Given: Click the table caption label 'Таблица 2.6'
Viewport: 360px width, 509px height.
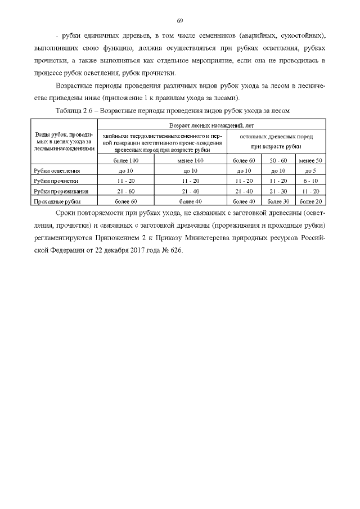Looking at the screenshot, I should coord(75,111).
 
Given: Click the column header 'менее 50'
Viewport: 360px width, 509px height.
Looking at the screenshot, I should coord(310,160).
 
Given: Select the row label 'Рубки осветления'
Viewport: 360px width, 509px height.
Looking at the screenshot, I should coord(57,170).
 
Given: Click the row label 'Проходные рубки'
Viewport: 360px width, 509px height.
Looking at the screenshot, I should coord(57,201).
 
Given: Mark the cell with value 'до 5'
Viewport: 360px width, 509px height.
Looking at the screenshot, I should coord(310,170).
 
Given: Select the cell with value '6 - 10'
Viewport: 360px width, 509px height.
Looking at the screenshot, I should coord(310,181).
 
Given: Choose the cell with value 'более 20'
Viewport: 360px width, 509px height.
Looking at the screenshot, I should coord(310,201).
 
